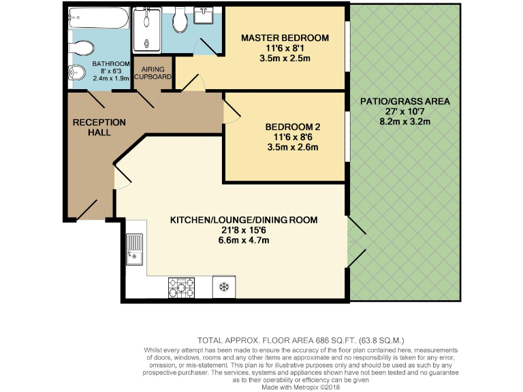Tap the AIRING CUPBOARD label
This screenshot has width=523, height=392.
click(153, 73)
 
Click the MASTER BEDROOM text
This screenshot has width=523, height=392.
click(285, 37)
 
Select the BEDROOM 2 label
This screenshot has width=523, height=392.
click(292, 126)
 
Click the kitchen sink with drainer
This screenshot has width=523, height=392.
click(133, 248)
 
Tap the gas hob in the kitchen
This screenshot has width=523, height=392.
click(182, 287)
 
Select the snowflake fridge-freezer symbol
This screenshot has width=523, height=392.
click(223, 287)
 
